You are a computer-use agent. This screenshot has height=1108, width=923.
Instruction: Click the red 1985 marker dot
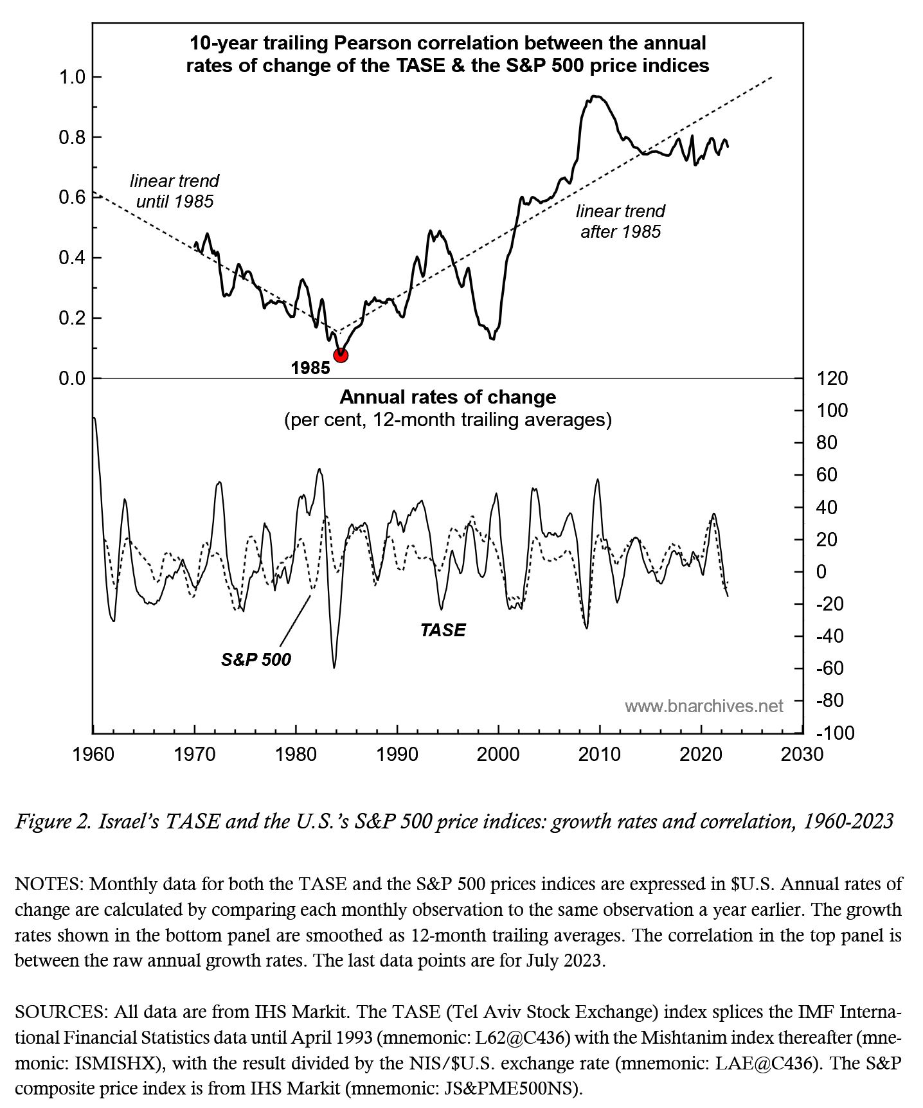341,355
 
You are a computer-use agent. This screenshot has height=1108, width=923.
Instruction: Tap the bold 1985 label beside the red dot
310,368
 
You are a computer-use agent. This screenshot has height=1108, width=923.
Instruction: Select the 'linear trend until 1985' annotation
174,191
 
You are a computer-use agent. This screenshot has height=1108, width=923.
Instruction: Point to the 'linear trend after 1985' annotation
620,221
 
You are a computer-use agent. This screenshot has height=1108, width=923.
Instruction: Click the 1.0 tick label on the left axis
72,78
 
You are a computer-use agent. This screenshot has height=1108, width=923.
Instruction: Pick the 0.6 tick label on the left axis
72,197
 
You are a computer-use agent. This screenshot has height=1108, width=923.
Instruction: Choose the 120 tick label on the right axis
832,378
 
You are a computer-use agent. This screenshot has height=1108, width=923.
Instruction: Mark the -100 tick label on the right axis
835,733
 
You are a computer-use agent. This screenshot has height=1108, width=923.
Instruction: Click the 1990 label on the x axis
397,754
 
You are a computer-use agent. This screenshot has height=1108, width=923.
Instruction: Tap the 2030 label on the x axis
802,754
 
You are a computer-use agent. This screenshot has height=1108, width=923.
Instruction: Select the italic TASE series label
443,630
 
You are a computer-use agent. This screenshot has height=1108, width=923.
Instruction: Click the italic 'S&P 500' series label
256,659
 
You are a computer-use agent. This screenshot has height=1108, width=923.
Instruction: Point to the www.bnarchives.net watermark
704,706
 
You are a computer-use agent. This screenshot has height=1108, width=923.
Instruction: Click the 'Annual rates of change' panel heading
447,397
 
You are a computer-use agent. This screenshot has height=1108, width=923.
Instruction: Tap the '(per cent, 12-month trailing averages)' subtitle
447,420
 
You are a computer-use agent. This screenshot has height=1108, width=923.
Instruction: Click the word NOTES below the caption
49,884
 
